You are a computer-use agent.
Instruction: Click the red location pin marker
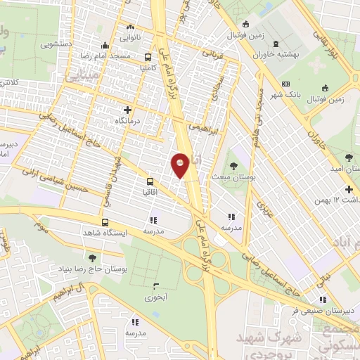(181, 165)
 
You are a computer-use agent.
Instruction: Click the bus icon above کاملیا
(148, 58)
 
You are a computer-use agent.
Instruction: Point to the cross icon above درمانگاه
(127, 110)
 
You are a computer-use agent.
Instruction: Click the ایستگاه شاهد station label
(103, 232)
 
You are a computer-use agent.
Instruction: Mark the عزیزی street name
(263, 206)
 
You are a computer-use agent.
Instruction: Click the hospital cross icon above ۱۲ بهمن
(349, 189)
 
